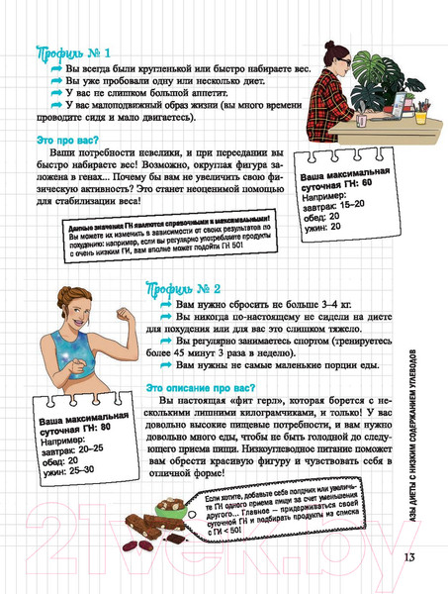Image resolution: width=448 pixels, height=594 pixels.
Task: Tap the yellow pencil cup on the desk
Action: click(421, 115)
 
